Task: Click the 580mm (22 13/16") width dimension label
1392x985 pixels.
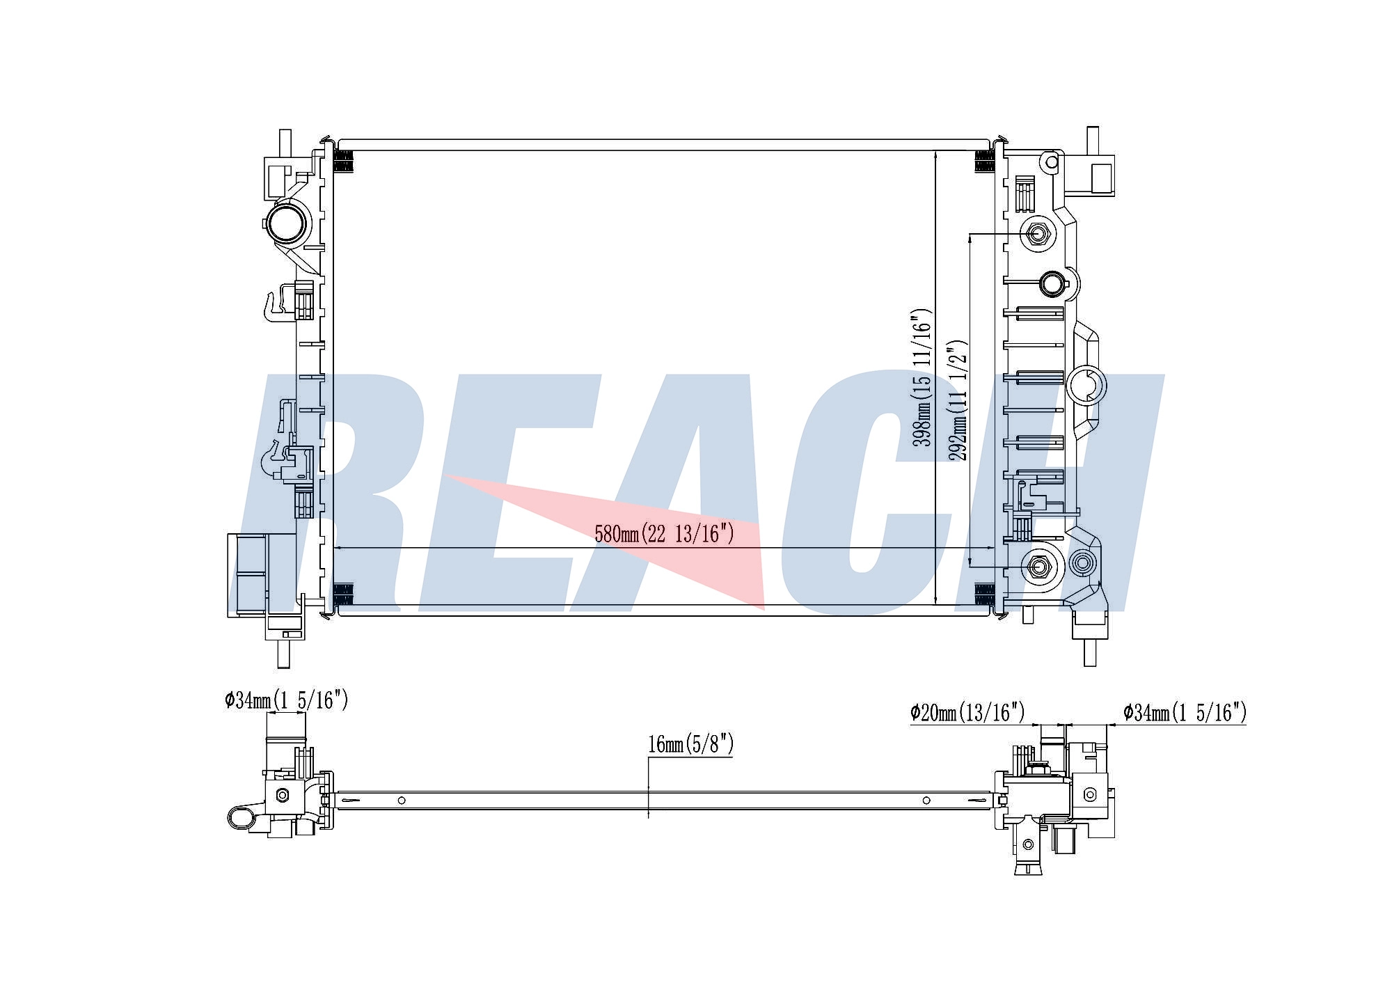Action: [x=664, y=534]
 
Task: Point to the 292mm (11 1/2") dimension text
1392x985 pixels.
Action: [x=959, y=400]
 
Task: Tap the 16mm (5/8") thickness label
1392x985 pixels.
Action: [x=690, y=744]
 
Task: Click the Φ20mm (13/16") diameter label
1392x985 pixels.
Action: [x=967, y=712]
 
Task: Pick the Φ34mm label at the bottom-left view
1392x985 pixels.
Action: [x=286, y=700]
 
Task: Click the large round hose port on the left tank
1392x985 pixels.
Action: [x=286, y=222]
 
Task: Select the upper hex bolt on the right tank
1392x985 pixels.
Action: [x=1038, y=234]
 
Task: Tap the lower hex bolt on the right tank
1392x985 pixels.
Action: [x=1038, y=568]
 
